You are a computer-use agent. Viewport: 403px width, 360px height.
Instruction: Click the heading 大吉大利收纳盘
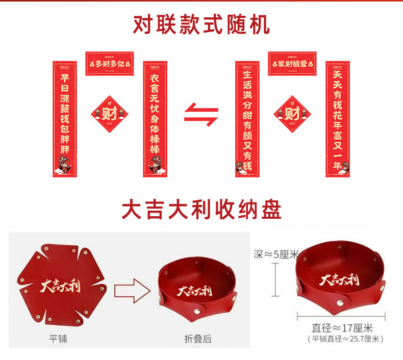click(201, 209)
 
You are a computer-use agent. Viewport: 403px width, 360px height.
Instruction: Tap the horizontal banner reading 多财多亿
click(109, 64)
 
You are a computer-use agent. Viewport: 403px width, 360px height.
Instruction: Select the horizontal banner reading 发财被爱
click(292, 64)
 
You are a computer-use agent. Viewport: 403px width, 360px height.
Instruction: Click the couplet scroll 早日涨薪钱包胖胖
click(65, 119)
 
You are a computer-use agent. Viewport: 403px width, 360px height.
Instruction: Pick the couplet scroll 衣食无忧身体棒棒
click(155, 119)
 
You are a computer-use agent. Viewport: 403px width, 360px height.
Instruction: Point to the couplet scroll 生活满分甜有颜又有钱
click(247, 119)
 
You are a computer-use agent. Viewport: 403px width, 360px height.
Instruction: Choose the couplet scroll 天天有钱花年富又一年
click(337, 119)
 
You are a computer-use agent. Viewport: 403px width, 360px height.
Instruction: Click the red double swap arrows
click(201, 115)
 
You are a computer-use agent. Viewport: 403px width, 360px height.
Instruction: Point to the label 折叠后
click(197, 338)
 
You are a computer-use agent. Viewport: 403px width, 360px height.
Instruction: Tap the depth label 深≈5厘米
click(275, 254)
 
